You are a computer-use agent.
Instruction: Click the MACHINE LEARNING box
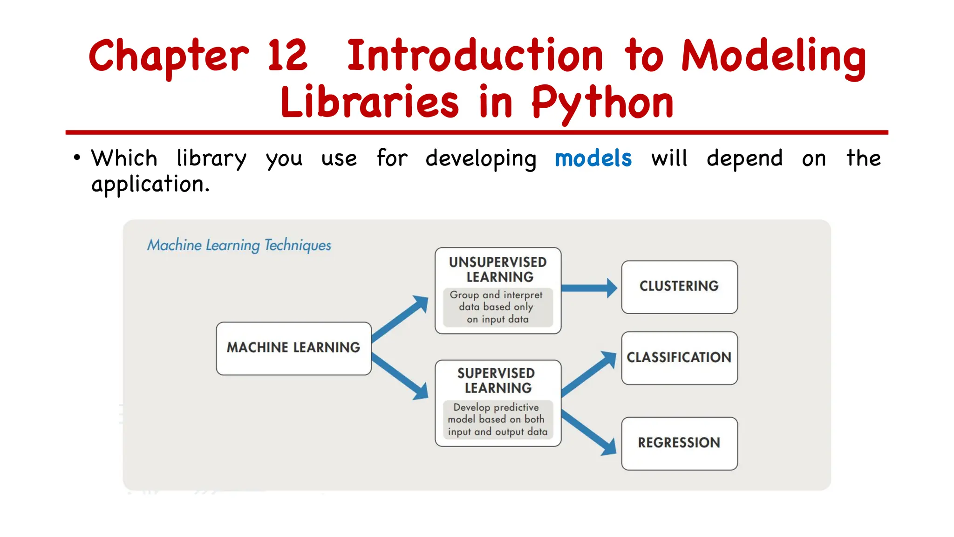click(x=293, y=348)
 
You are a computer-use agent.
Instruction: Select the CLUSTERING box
click(x=679, y=287)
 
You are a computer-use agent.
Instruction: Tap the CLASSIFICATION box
click(x=679, y=358)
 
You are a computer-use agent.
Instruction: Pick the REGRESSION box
click(x=679, y=443)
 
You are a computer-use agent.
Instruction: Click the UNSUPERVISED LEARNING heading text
click(x=498, y=269)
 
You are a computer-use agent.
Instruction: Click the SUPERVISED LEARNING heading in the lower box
click(x=497, y=380)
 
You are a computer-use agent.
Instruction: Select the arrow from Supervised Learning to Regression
click(x=588, y=432)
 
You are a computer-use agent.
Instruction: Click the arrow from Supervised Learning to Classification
click(x=588, y=375)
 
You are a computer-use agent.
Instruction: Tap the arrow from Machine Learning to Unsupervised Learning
click(x=400, y=319)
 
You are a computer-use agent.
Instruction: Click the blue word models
click(x=593, y=158)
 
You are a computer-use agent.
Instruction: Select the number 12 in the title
click(x=287, y=56)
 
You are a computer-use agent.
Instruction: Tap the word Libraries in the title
click(x=370, y=103)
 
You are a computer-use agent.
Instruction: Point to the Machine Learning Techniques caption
click(x=239, y=245)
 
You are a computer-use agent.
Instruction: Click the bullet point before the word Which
click(x=77, y=158)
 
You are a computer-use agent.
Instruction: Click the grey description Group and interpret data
click(x=497, y=307)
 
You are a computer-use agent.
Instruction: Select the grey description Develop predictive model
click(x=497, y=420)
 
